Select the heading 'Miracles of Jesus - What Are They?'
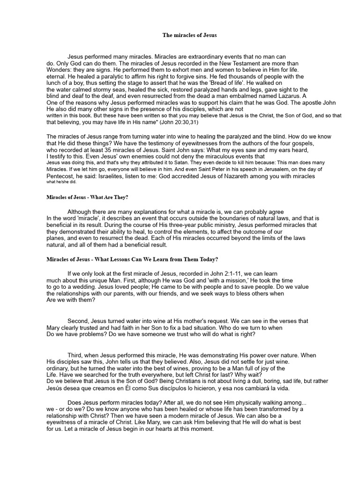(88, 197)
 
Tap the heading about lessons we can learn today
(132, 259)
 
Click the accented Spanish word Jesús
(56, 388)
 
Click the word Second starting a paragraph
(79, 322)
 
